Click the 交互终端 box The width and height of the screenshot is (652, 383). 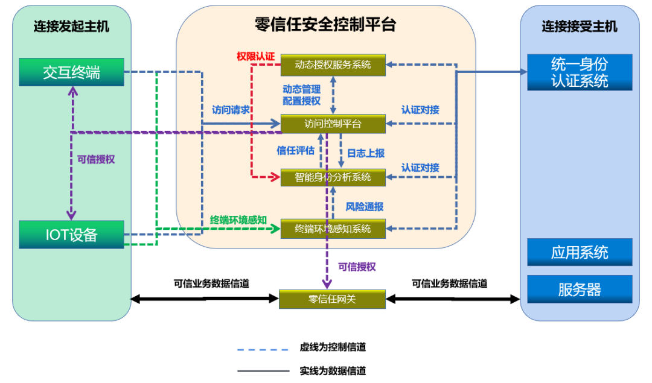point(71,72)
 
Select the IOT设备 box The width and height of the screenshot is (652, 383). point(71,234)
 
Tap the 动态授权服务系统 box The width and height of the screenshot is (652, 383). point(333,65)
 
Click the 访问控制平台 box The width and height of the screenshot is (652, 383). point(333,124)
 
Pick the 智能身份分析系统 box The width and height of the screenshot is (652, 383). point(333,177)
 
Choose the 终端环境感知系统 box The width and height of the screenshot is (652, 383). point(333,229)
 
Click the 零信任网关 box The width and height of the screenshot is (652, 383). point(332,299)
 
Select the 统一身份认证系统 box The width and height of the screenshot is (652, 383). point(580,72)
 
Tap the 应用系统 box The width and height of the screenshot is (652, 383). point(580,252)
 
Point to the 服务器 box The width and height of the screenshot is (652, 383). point(580,290)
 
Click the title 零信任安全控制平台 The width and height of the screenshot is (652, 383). point(325,25)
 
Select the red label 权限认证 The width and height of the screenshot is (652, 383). point(255,57)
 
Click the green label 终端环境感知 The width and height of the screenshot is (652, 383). point(238,220)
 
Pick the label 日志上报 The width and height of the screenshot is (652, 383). point(365,153)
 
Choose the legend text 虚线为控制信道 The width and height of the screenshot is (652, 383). point(333,347)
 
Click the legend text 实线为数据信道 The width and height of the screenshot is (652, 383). point(333,371)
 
